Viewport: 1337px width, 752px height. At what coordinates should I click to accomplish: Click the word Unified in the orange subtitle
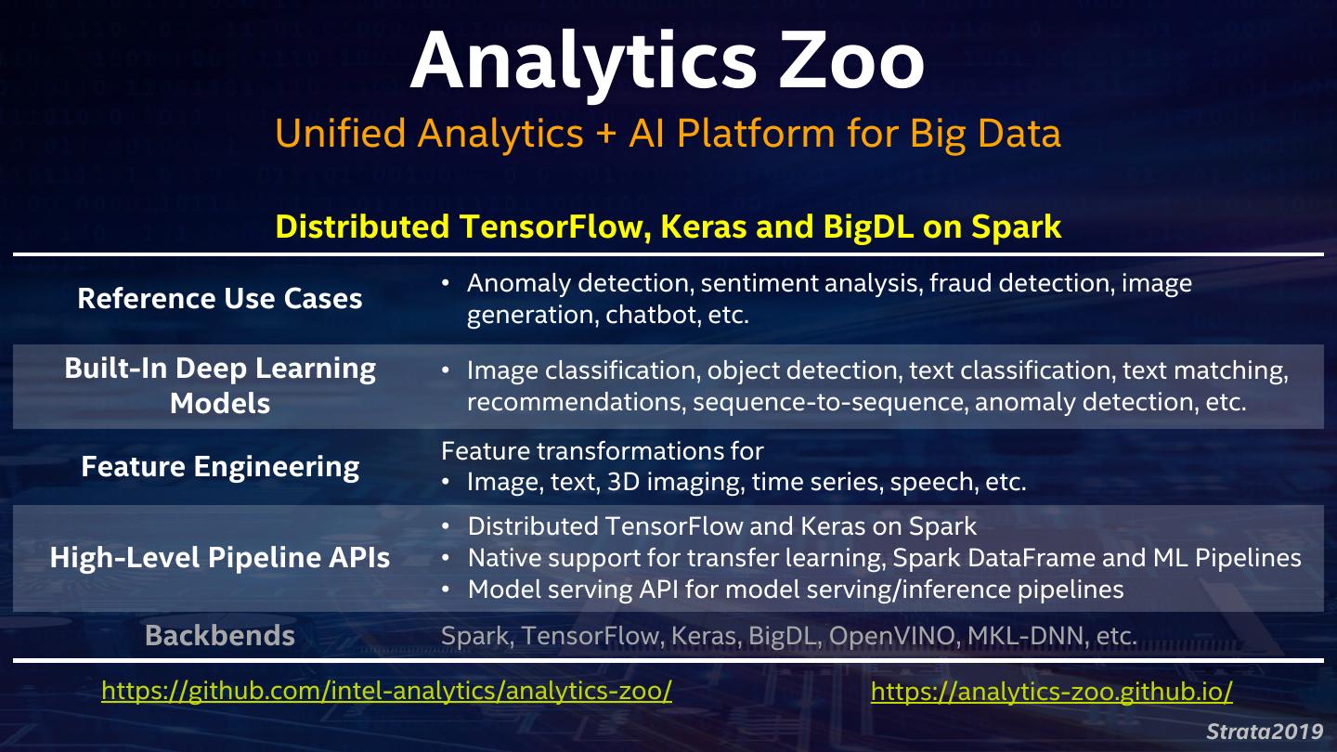[x=340, y=134]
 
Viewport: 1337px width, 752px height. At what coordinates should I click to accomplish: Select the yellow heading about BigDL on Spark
[x=668, y=227]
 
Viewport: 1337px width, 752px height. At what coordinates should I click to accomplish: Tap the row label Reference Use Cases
[x=220, y=299]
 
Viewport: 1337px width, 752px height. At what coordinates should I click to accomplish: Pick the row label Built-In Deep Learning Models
[x=220, y=385]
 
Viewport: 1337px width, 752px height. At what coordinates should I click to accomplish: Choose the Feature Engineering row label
[x=220, y=466]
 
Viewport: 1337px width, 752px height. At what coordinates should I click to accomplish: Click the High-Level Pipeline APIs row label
[x=220, y=557]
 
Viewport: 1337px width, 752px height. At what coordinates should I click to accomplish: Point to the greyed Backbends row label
[x=220, y=636]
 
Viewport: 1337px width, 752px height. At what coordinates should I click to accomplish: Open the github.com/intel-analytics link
[x=386, y=691]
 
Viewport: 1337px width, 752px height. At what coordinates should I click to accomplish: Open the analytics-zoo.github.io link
[x=1052, y=691]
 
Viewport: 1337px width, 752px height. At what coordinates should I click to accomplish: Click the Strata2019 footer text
[x=1265, y=732]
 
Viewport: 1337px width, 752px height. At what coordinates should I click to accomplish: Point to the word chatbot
[x=651, y=315]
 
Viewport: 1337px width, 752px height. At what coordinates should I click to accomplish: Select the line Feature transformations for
[x=602, y=451]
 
